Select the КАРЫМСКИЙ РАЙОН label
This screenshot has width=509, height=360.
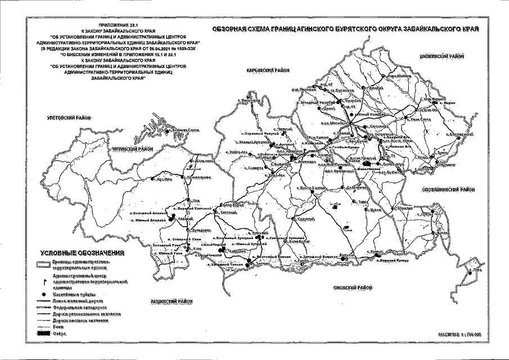click(267, 70)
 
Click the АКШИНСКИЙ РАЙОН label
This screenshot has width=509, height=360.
click(172, 301)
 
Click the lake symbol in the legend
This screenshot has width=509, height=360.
click(42, 334)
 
